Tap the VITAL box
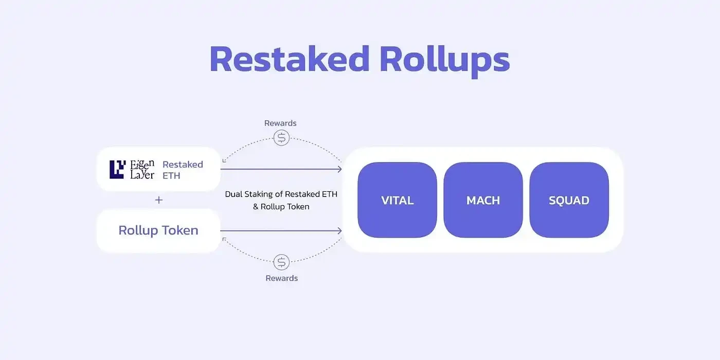click(397, 200)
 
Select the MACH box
click(483, 200)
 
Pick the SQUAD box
click(569, 200)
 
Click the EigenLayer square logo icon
click(117, 169)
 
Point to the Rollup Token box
click(158, 230)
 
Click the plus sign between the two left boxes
click(159, 200)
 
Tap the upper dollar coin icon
click(281, 138)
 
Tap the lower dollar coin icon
click(281, 262)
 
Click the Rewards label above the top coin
click(280, 123)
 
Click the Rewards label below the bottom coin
click(281, 278)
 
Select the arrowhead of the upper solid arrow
click(339, 169)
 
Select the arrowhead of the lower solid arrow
click(339, 231)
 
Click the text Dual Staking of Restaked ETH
click(281, 194)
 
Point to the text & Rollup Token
click(281, 206)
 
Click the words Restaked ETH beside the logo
click(183, 170)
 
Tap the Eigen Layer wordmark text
click(142, 169)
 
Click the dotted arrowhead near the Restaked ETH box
click(224, 161)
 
